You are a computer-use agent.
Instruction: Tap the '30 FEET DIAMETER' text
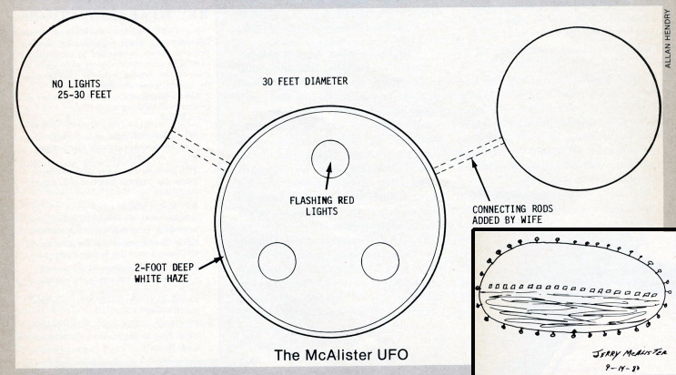point(304,81)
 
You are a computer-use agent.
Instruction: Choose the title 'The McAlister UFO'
point(329,354)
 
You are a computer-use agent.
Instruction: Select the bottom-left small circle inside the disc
point(277,262)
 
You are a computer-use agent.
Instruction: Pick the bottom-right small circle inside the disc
point(380,261)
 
